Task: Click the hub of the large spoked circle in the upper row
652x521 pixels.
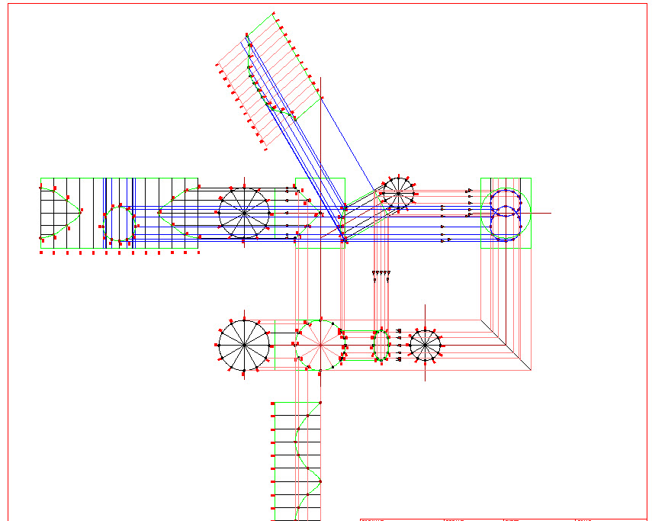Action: point(244,213)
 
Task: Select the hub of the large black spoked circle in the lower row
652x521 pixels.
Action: point(244,345)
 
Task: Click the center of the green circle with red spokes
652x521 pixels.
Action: point(321,345)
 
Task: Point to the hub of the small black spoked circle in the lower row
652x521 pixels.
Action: point(425,346)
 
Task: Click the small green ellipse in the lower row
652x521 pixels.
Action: point(381,346)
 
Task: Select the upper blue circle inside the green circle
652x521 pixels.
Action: point(504,201)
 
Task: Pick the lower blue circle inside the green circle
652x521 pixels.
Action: point(504,227)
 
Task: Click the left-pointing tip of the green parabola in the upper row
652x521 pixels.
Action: point(159,213)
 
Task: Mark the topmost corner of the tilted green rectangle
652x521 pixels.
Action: point(273,13)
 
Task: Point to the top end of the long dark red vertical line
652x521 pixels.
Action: point(321,77)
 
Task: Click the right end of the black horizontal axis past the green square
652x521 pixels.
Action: point(550,213)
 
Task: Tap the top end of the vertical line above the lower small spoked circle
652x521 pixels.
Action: point(425,305)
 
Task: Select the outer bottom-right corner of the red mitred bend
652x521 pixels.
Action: point(531,370)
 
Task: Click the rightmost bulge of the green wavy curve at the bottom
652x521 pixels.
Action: point(320,481)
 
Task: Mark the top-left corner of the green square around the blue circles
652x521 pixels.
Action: point(481,178)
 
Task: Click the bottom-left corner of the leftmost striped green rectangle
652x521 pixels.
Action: point(40,248)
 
